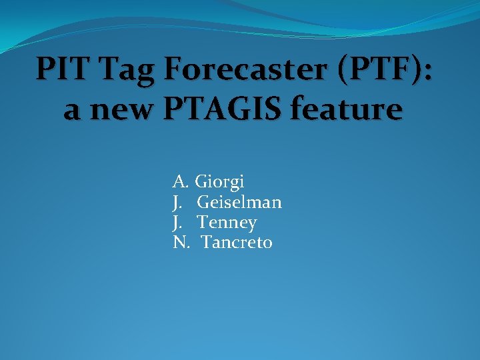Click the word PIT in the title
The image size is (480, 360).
tap(61, 69)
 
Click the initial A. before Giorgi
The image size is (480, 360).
tap(181, 181)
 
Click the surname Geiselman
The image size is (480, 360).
tap(239, 201)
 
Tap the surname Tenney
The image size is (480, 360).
tap(227, 223)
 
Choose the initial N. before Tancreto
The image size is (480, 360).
tap(181, 242)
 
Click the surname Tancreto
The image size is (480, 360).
tap(237, 242)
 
